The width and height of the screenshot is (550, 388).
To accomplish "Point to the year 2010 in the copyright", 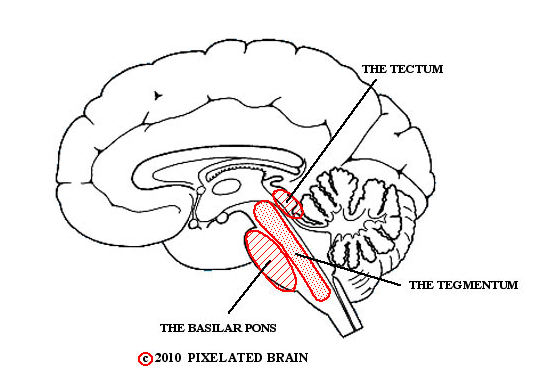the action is [x=168, y=358].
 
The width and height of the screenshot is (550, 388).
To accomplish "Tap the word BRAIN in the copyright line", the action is [x=287, y=358].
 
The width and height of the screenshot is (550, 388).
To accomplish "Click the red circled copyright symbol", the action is [x=145, y=359].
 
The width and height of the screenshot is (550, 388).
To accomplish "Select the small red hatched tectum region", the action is [x=288, y=203].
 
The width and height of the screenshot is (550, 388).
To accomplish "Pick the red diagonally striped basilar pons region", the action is [x=271, y=260].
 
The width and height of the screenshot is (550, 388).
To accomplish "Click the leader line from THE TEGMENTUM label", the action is [x=347, y=269].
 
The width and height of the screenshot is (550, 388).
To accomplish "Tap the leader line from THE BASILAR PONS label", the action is [x=249, y=286].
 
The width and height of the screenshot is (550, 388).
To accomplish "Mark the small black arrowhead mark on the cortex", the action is [x=158, y=95].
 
